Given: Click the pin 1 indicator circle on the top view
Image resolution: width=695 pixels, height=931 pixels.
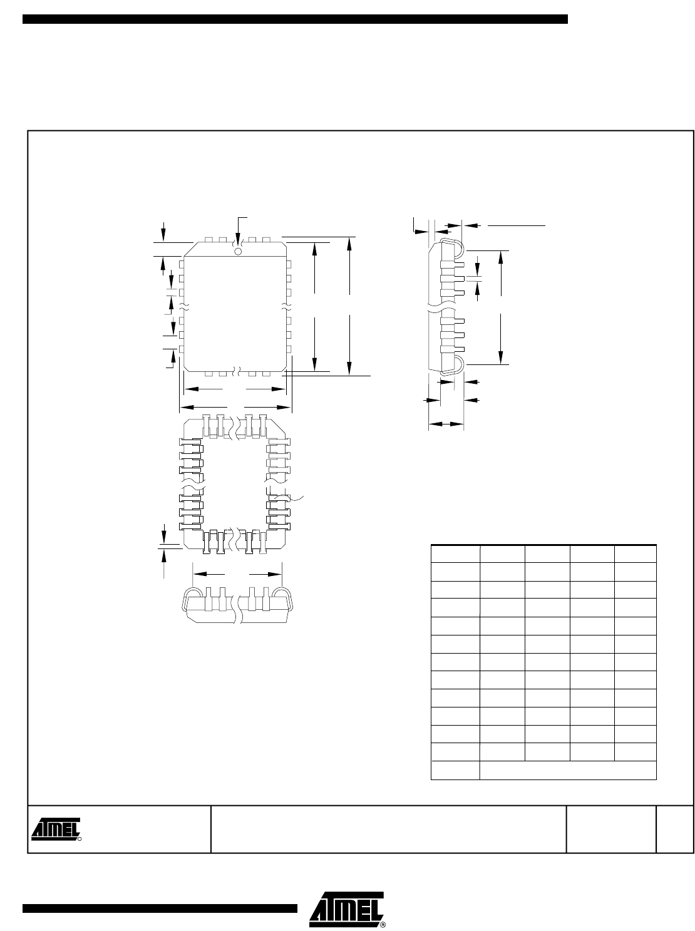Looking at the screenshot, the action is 238,252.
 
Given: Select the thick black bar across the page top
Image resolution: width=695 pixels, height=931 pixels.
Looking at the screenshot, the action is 295,19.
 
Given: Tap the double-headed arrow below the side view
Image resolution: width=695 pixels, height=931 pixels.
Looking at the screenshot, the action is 446,423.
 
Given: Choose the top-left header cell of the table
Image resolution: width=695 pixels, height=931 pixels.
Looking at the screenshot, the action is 455,554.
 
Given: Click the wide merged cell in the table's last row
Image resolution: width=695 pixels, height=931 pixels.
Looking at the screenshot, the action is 569,770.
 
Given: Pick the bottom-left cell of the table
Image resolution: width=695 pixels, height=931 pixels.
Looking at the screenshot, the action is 455,770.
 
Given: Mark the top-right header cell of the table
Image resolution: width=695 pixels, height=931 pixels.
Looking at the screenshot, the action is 636,554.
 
